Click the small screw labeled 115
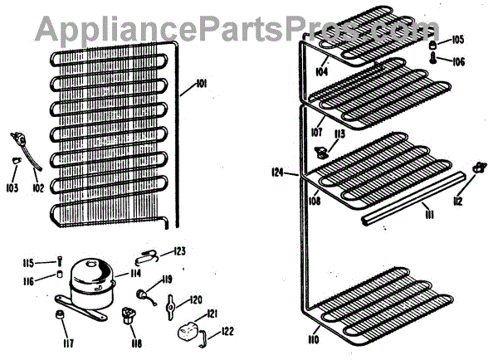60,264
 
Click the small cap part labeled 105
434,42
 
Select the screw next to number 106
435,60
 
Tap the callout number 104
320,72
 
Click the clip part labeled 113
320,150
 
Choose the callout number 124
277,173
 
